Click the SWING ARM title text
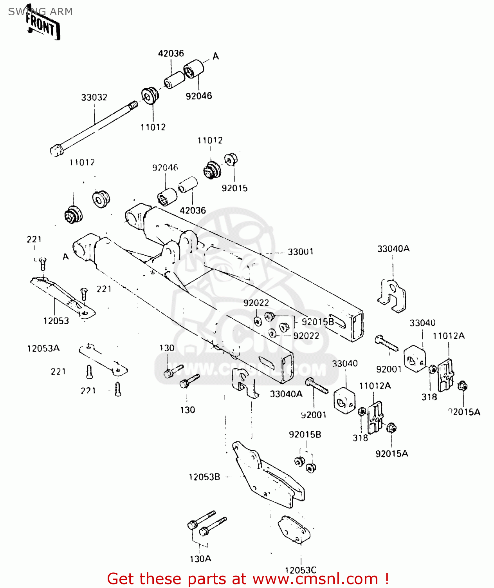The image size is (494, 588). pos(40,12)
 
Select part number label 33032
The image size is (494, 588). pos(94,97)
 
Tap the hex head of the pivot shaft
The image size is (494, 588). pos(56,150)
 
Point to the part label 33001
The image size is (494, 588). pos(301,252)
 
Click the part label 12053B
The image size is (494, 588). pos(204,477)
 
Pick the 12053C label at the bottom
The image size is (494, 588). pos(300,570)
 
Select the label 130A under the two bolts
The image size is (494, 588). pos(200,559)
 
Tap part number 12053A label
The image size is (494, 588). pos(43,348)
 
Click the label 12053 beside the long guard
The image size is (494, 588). pos(56,321)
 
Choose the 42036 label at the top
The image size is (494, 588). pos(171,53)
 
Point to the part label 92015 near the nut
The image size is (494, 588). pos(234,188)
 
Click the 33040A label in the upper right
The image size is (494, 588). pos(393,249)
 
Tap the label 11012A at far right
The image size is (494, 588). pos(448,336)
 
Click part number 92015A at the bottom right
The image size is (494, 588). pos(391,454)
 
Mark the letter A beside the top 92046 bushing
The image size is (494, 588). pos(216,56)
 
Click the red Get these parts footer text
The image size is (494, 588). pos(247,579)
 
